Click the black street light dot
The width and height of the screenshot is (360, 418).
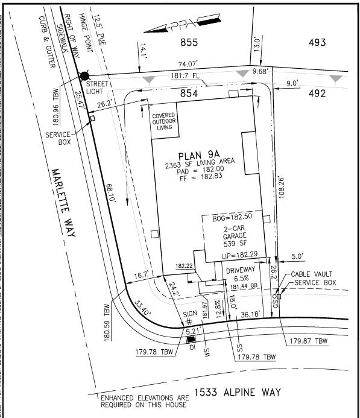(85, 76)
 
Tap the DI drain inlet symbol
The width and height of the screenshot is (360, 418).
(191, 340)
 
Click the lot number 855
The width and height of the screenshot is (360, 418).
(189, 42)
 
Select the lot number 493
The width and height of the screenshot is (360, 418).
(317, 42)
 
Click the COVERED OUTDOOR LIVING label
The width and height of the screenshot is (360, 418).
(164, 121)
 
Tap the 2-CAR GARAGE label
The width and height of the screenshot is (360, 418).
(235, 232)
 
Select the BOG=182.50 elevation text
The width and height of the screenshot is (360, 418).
(232, 217)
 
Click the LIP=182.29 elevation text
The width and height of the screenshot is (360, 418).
(240, 255)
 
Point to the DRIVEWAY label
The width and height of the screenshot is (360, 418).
(241, 270)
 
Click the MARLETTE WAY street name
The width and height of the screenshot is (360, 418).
(63, 203)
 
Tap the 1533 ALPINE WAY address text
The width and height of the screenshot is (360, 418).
(237, 393)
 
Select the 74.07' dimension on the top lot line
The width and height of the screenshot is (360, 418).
(188, 65)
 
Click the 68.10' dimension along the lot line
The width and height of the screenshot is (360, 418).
(111, 193)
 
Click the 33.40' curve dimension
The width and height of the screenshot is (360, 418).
(142, 308)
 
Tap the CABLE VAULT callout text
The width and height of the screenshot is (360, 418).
(312, 274)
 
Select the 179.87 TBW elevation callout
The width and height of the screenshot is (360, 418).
(309, 341)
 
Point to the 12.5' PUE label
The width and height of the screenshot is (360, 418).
(99, 30)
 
